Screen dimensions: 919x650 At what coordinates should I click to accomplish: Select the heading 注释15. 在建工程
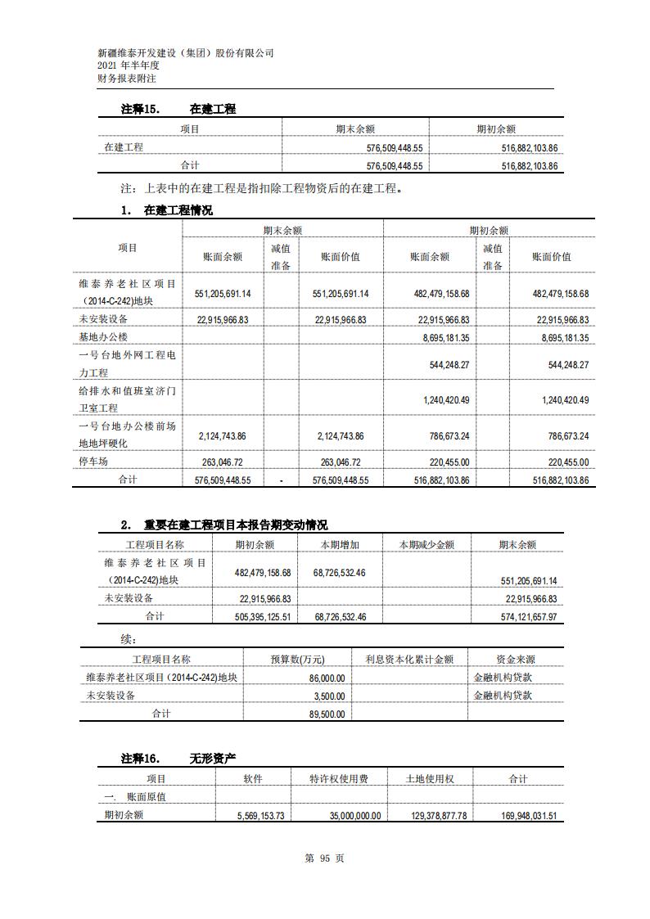tap(178, 109)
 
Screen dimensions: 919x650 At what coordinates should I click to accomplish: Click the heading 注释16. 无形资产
tap(178, 759)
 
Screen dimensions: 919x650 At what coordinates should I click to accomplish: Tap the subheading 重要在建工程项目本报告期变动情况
tap(235, 525)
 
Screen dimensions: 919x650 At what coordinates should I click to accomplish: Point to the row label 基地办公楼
tap(103, 337)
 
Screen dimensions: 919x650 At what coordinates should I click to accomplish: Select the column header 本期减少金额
tap(427, 544)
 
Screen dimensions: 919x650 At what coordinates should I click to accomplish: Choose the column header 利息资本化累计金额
tap(409, 659)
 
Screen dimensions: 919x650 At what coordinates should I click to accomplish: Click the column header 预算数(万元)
tap(297, 659)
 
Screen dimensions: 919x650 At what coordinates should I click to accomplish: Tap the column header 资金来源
tap(515, 659)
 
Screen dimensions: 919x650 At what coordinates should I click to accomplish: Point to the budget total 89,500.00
tap(327, 714)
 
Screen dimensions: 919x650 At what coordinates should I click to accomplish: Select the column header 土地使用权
tap(430, 779)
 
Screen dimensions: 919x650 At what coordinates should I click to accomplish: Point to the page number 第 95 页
tap(324, 858)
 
